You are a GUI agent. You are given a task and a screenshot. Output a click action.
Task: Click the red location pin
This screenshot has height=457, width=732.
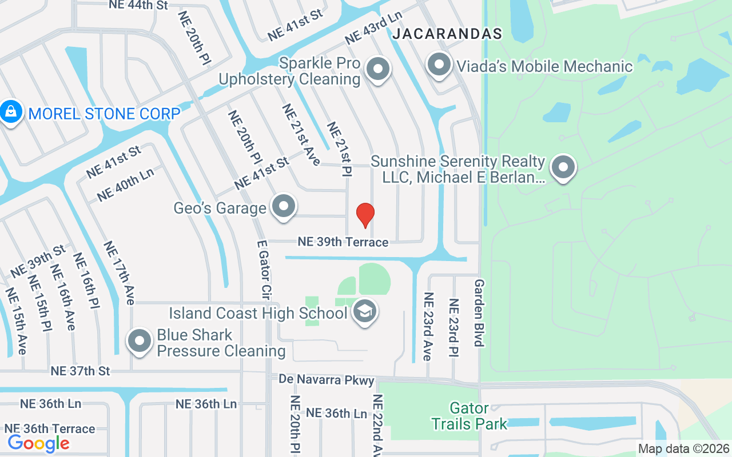[x=365, y=215]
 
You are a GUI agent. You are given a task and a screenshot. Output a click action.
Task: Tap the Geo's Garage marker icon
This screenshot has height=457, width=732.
[x=284, y=207]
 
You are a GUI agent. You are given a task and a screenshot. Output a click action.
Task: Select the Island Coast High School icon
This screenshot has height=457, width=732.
[x=365, y=312]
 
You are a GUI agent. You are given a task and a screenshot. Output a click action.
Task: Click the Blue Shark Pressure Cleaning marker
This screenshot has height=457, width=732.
[x=140, y=341]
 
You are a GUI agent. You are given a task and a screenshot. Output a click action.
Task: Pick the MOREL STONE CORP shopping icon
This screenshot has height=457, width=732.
[x=11, y=113]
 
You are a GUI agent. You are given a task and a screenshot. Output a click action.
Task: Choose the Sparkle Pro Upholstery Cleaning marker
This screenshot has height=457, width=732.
[x=377, y=70]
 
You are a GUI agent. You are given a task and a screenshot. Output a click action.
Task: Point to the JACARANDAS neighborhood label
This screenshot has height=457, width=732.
[x=447, y=34]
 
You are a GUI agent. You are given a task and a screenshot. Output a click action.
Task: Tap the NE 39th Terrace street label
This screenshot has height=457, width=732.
[x=343, y=242]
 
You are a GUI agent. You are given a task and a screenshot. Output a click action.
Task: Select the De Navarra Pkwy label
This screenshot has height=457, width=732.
[x=327, y=379]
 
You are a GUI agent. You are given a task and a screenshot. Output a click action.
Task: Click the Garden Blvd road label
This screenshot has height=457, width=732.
[x=479, y=312]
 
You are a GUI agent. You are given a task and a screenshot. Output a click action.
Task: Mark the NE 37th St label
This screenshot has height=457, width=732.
[x=80, y=371]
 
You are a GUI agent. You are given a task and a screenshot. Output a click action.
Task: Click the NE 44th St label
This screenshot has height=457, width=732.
[x=138, y=5]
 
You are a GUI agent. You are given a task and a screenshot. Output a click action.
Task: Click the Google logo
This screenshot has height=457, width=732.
[x=38, y=443]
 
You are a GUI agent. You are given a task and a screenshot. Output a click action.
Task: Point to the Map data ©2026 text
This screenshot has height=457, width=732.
[x=684, y=449]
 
